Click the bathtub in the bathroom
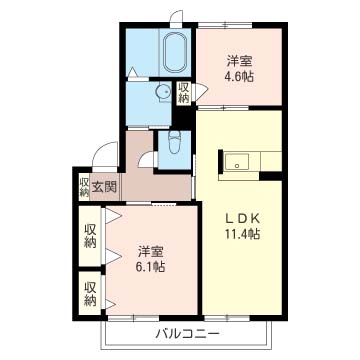click(x=176, y=52)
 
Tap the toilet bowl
click(x=175, y=142)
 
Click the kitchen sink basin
click(x=237, y=162)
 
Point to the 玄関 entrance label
click(x=104, y=188)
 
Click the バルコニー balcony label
click(x=188, y=333)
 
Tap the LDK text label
click(x=243, y=219)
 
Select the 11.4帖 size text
click(x=242, y=234)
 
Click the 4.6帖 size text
click(x=239, y=77)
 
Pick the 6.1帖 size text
click(x=151, y=267)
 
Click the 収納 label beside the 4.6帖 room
click(x=184, y=92)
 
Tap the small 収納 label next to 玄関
click(x=84, y=188)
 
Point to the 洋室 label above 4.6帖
click(x=239, y=62)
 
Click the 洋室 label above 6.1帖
click(x=151, y=252)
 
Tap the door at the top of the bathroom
click(x=176, y=18)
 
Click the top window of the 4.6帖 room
click(x=225, y=25)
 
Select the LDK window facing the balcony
click(x=227, y=318)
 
